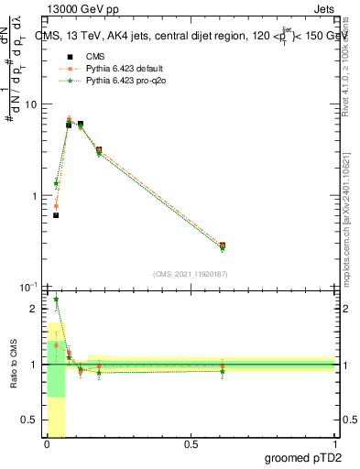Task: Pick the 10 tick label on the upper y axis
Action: click(x=29, y=104)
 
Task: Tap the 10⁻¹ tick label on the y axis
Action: click(x=27, y=288)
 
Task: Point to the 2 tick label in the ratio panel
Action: click(x=34, y=309)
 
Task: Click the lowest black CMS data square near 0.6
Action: click(x=56, y=215)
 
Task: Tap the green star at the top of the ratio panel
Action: click(x=56, y=300)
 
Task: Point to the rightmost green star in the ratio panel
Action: click(x=223, y=371)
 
